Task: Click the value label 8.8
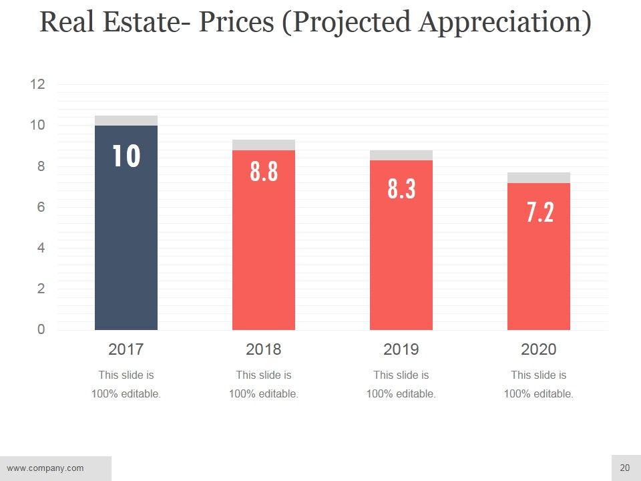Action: tap(264, 172)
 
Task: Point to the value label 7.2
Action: tap(540, 212)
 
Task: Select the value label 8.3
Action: tap(402, 189)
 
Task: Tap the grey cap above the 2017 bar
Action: tap(126, 120)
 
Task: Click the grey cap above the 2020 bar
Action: tap(539, 178)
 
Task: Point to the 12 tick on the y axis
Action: tap(37, 84)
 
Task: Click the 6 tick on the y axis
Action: tap(41, 207)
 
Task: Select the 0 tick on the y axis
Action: tap(41, 329)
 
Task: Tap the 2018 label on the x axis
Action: tap(264, 349)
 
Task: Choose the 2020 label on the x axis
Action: tap(539, 349)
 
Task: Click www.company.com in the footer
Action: tap(45, 468)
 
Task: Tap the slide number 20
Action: tap(625, 468)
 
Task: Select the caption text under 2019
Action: tap(401, 384)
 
